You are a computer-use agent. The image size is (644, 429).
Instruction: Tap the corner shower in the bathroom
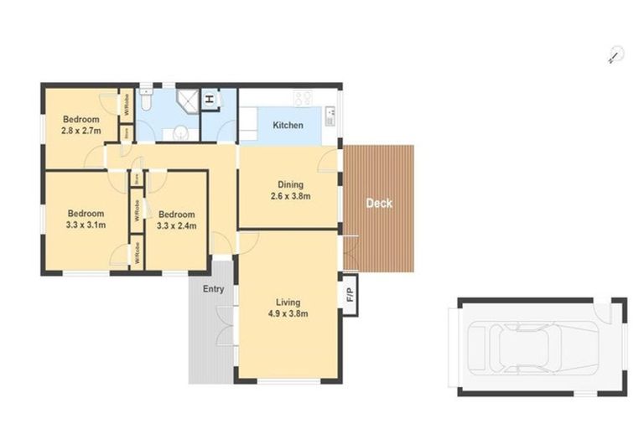pos(188,102)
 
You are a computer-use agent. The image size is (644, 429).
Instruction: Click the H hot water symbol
pos(210,100)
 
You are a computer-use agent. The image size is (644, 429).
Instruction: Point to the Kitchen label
pos(288,126)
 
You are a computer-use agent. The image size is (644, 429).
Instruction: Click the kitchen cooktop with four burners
pos(302,98)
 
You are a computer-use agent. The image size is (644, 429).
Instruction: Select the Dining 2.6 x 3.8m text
pos(291,191)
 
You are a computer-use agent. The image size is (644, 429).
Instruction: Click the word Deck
pos(379,203)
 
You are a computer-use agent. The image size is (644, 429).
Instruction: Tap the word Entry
pos(213,289)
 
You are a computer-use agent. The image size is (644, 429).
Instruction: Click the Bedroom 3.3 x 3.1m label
pos(86,219)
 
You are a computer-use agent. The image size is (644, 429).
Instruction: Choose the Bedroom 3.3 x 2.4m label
pos(176,220)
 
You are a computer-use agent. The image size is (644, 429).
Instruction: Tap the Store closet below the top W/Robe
pos(126,132)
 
